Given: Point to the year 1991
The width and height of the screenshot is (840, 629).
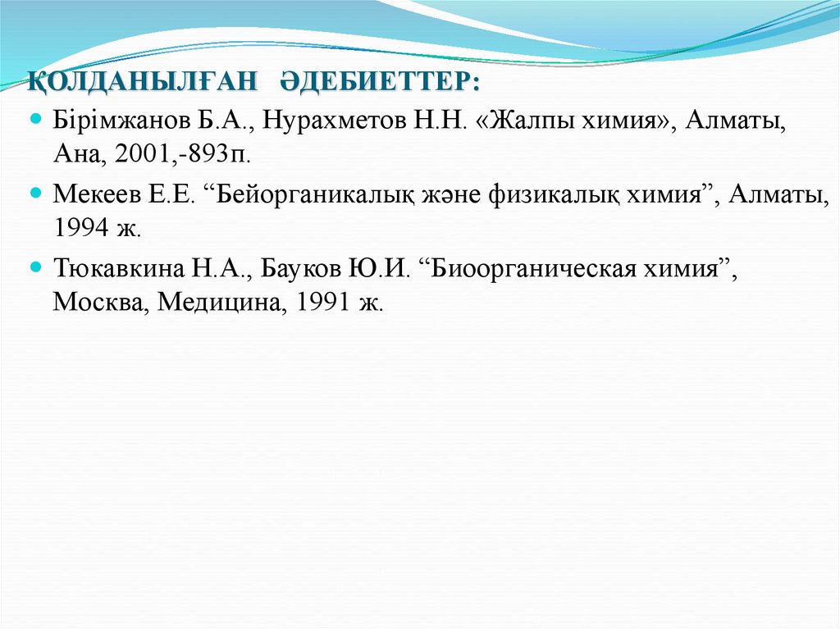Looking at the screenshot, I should click(x=326, y=301).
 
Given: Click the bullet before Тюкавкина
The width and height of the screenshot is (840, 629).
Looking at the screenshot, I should click(x=34, y=267).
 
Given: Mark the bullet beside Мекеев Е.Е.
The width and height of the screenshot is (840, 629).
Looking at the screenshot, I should click(x=34, y=194).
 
